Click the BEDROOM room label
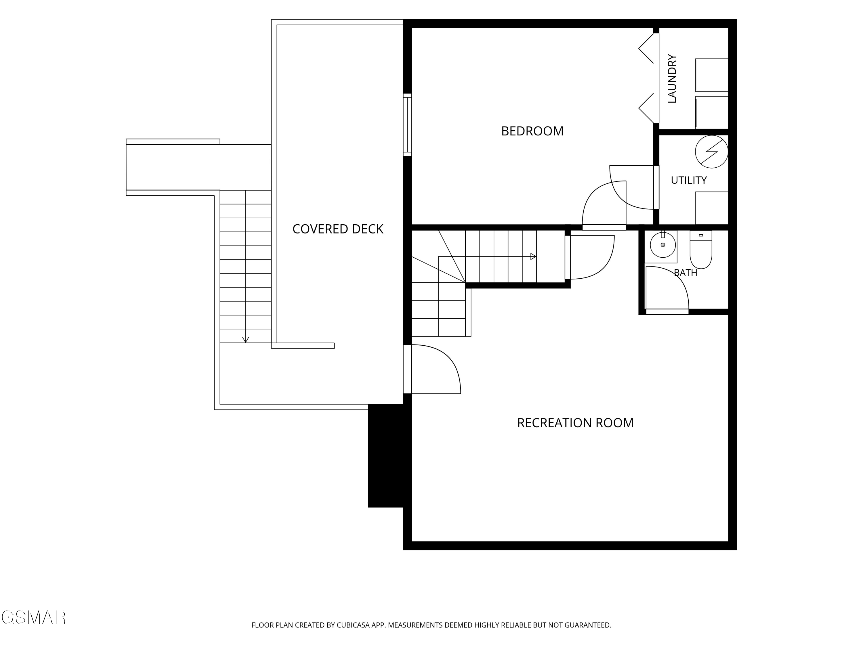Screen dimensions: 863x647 point(532,131)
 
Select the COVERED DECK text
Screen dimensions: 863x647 point(338,229)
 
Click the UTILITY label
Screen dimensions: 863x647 point(689,180)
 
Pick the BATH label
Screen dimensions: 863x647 point(686,273)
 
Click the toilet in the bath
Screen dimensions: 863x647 point(701,249)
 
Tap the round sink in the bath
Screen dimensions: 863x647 point(662,245)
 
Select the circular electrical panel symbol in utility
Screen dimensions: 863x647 point(712,152)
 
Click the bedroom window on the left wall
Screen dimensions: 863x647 point(407,125)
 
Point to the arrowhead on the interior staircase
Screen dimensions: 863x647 point(533,256)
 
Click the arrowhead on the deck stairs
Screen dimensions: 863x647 point(245,340)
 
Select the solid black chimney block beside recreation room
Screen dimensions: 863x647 point(385,455)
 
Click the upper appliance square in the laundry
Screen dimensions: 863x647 point(712,75)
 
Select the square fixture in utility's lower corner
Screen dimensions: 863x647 point(712,208)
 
